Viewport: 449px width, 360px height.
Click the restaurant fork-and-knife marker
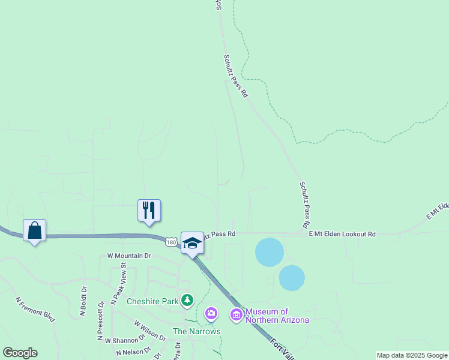(149, 211)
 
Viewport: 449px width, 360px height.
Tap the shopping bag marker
(35, 231)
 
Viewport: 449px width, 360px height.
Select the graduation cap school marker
(192, 243)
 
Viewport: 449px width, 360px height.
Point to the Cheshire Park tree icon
(188, 299)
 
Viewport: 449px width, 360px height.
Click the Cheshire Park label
(152, 301)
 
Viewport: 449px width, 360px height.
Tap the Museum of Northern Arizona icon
(236, 314)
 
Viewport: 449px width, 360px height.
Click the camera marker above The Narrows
(211, 313)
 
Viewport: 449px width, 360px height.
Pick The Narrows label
(196, 331)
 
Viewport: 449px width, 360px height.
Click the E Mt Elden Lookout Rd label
(342, 234)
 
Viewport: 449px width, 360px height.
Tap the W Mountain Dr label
(129, 256)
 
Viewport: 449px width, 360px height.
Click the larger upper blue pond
(270, 252)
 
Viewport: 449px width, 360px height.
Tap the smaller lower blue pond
(292, 278)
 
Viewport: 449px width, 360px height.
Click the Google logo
(20, 353)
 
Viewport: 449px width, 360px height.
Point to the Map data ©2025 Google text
(412, 355)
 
